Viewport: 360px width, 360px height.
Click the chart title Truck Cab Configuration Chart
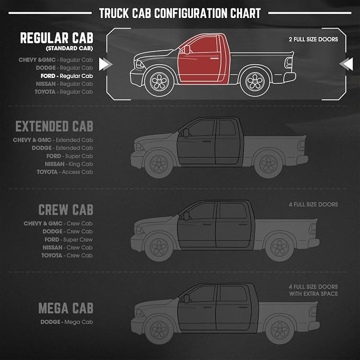coord(180,13)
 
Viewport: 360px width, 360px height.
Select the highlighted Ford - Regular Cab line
coord(67,76)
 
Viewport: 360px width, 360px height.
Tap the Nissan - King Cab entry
coord(68,164)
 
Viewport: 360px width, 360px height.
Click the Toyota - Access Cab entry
coord(65,172)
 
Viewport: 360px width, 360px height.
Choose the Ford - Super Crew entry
coord(68,240)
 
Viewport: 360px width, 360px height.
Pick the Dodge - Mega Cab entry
coord(67,322)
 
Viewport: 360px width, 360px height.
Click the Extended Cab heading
coord(54,126)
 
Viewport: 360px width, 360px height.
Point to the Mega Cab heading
coord(66,308)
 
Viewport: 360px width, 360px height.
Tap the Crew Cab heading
coord(66,209)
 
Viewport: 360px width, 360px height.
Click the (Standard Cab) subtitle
coord(69,48)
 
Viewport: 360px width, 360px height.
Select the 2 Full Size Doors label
coord(313,39)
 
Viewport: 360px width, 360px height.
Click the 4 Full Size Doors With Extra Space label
coord(313,290)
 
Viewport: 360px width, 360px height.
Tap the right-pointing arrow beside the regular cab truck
coord(106,64)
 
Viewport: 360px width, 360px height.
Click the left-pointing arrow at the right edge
coord(346,64)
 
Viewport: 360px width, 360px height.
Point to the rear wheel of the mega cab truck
coord(279,330)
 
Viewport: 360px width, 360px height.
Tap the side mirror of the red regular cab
coord(187,50)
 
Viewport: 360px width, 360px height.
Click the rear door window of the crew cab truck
coord(233,210)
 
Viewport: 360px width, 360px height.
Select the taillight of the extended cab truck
coord(302,146)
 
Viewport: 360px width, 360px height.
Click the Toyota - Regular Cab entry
coord(64,92)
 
